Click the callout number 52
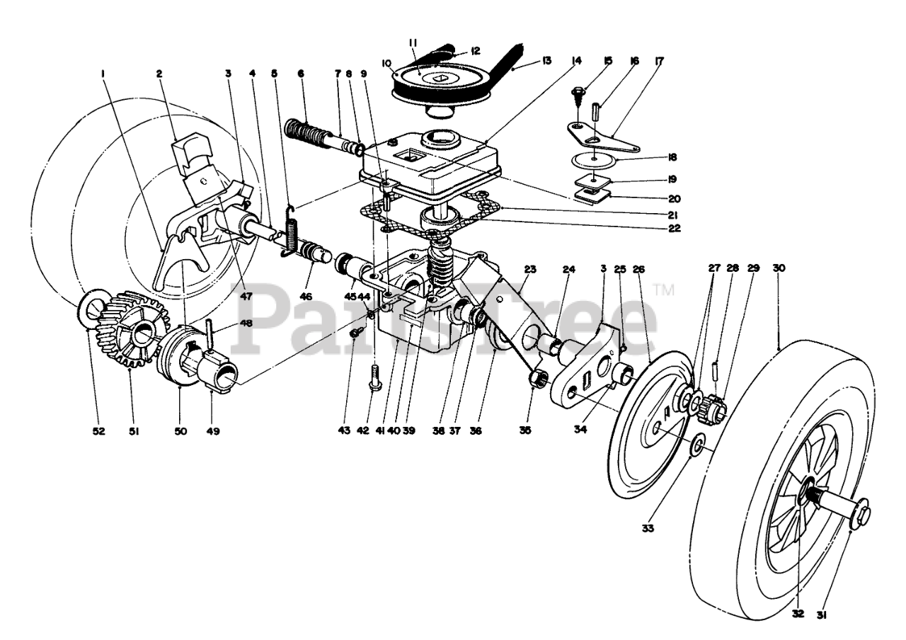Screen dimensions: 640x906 click(98, 430)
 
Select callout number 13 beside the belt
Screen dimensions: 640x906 click(546, 61)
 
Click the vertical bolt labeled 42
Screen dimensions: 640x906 click(374, 381)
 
